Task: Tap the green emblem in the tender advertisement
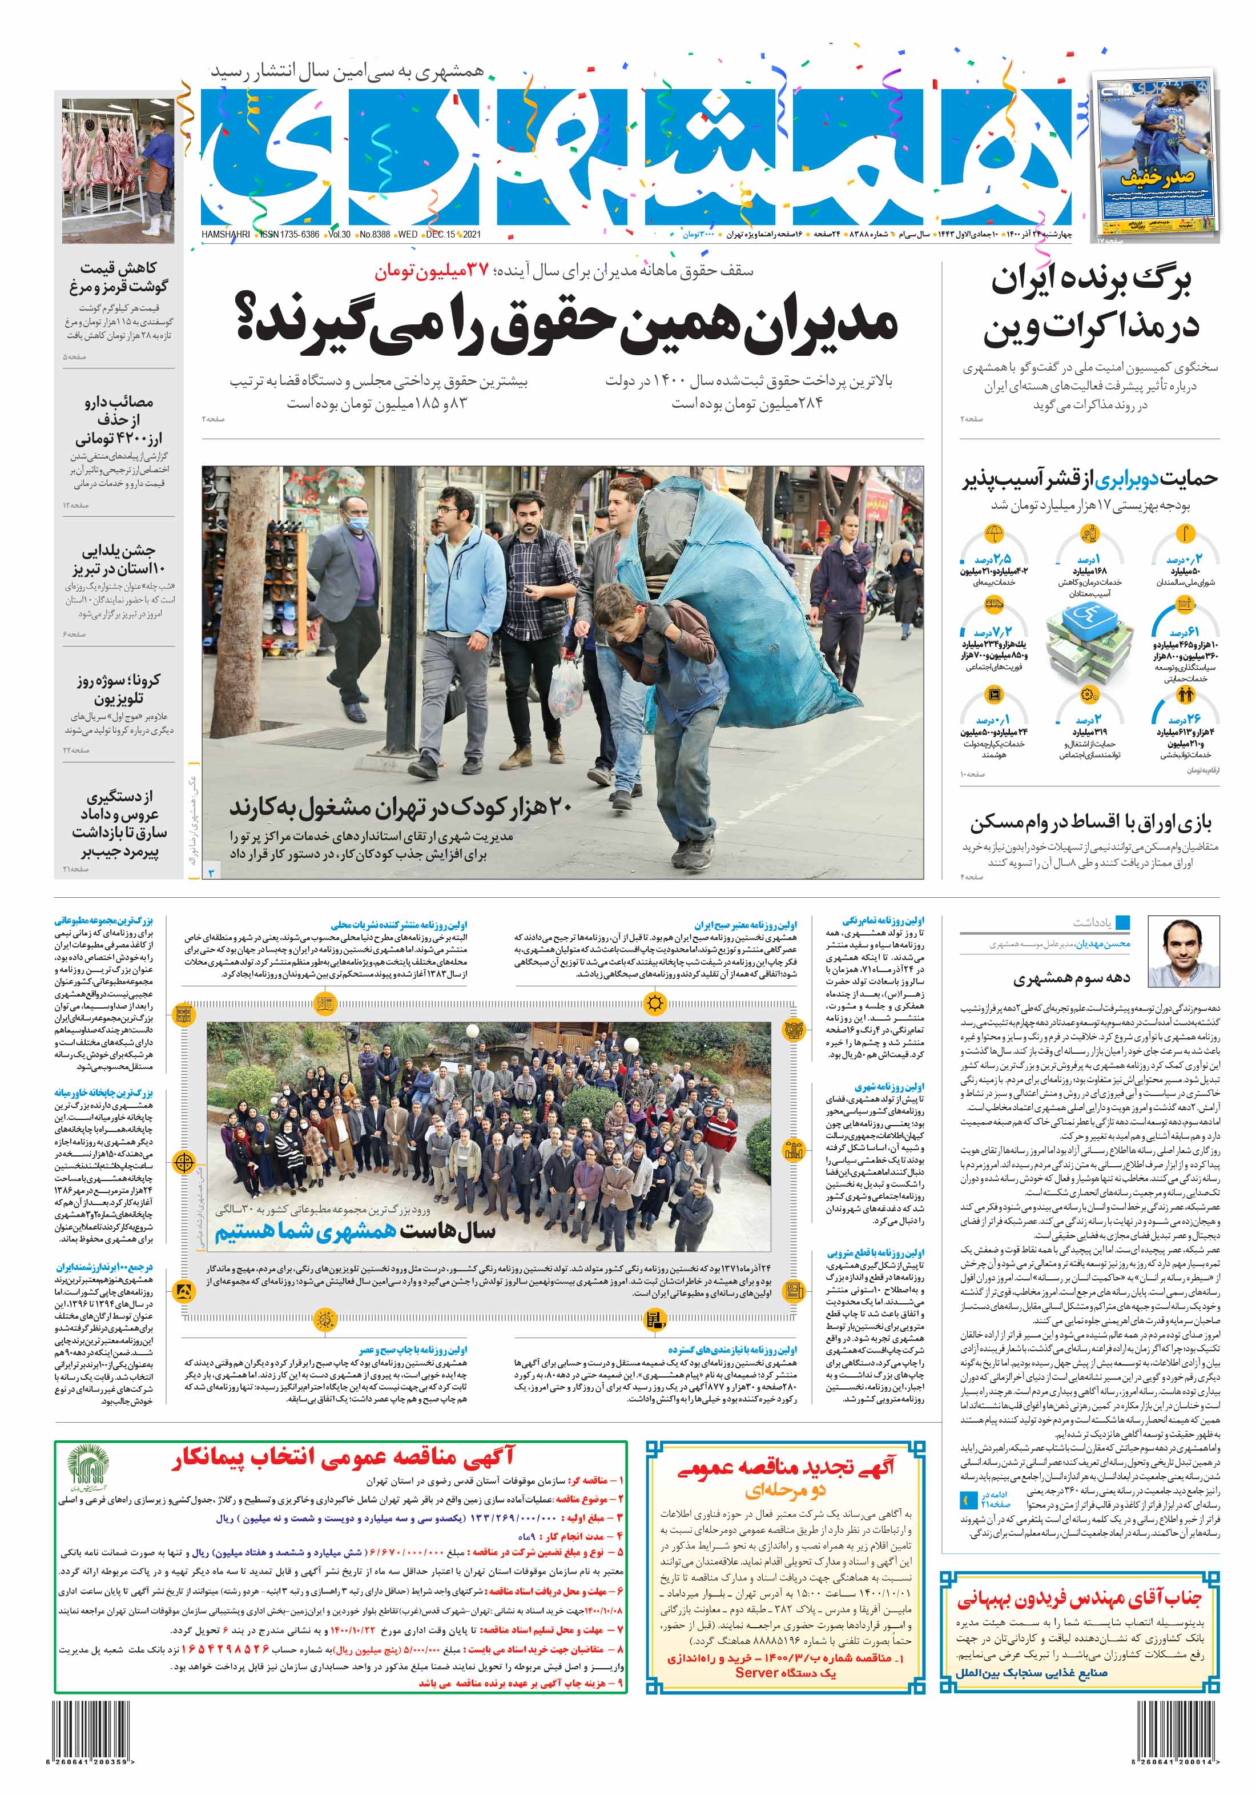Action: coord(86,1467)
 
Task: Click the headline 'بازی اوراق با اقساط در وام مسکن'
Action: coord(1090,822)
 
